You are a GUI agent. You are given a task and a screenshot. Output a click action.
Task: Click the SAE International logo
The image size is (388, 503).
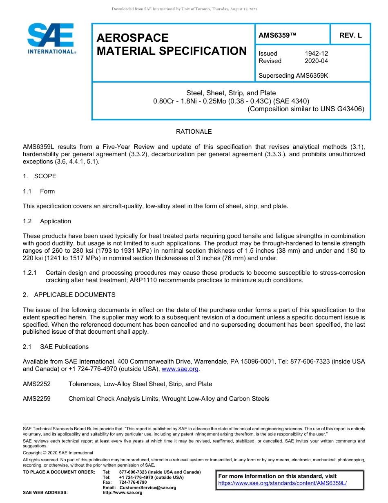(51, 38)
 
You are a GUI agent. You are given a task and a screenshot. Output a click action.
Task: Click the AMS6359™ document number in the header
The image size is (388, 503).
(277, 36)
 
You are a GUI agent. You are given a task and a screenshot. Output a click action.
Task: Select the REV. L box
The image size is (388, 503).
(350, 36)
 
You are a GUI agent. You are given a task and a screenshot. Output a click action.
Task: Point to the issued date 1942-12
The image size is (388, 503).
(316, 54)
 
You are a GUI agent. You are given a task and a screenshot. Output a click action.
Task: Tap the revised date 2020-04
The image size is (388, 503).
(316, 61)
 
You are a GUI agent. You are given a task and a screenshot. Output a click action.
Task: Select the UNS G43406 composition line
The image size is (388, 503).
(306, 109)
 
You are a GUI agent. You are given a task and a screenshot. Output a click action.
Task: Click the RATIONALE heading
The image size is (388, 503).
(194, 132)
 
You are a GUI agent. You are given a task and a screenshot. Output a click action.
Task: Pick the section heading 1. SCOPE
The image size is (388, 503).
(40, 176)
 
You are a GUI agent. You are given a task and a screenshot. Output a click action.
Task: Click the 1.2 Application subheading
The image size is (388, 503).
(47, 221)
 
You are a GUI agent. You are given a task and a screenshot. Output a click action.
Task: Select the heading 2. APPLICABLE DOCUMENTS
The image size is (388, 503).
(69, 295)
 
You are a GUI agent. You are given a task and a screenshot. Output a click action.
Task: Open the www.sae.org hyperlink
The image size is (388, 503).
(180, 369)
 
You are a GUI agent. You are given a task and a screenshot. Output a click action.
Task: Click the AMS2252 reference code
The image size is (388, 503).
(37, 384)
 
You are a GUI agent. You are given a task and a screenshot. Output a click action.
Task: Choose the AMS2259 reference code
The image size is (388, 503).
(37, 399)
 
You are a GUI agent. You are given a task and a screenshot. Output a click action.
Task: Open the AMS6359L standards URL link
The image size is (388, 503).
(282, 483)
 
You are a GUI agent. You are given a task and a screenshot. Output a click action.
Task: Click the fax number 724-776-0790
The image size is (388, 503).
(130, 482)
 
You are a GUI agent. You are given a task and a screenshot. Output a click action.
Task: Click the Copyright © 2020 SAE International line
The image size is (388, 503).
(58, 453)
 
